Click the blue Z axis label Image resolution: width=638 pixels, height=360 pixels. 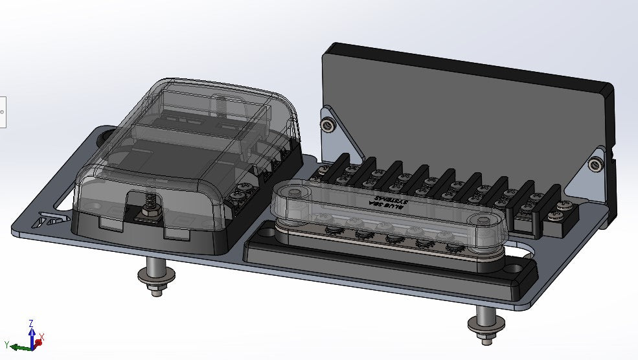coord(32,322)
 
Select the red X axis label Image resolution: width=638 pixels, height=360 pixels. coord(41,337)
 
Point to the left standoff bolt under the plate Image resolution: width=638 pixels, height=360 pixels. coord(154,276)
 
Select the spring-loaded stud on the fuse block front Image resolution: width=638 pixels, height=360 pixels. coord(148,206)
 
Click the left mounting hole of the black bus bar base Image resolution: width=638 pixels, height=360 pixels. coord(267,231)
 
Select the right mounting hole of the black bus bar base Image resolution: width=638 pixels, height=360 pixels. coord(513,266)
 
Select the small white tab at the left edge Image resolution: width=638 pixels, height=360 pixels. coord(3,111)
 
